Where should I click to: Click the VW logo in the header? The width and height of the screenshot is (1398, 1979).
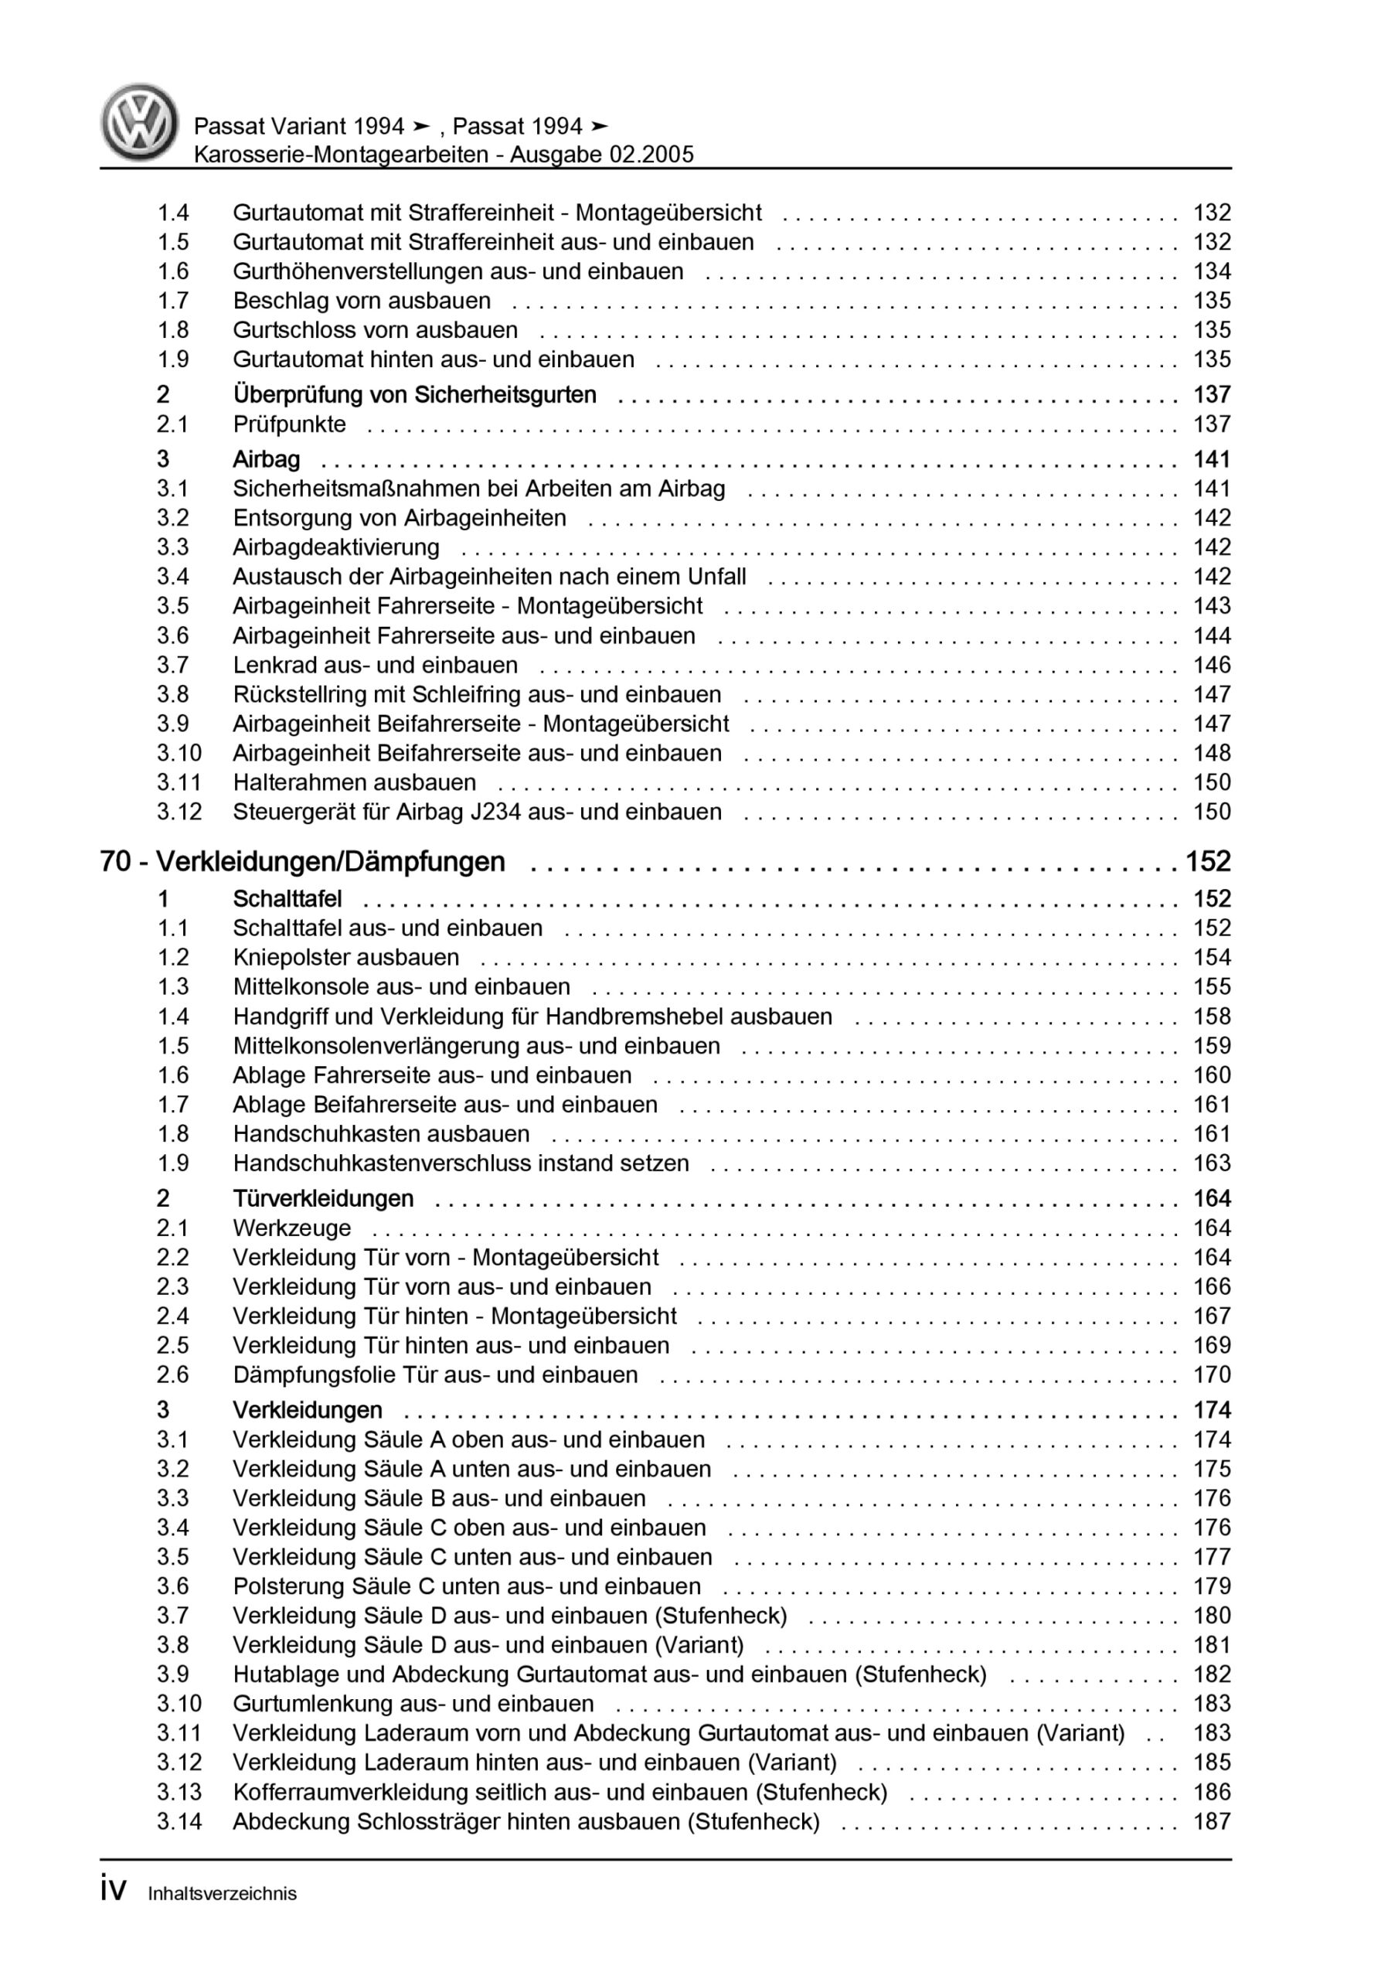(x=140, y=121)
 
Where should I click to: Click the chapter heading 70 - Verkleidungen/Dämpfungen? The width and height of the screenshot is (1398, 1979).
(x=302, y=862)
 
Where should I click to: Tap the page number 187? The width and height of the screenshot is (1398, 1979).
(x=1211, y=1821)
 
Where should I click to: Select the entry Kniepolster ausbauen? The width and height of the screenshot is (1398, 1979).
(x=345, y=958)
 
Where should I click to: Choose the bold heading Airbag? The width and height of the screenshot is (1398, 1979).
(x=267, y=459)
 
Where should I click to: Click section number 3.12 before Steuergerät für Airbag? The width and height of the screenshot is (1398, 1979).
(x=179, y=812)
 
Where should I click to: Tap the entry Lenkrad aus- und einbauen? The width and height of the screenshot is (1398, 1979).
(x=375, y=666)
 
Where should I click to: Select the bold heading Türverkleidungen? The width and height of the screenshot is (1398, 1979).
(x=323, y=1199)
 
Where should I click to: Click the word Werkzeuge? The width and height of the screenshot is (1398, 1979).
(x=292, y=1228)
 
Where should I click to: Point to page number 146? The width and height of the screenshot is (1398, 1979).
(x=1211, y=666)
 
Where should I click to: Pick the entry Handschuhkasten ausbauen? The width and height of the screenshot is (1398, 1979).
(x=381, y=1134)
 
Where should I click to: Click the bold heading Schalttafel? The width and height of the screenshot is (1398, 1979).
(x=287, y=899)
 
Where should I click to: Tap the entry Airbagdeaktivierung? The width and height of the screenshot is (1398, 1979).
(x=336, y=547)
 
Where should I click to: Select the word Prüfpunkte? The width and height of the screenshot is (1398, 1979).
(x=290, y=424)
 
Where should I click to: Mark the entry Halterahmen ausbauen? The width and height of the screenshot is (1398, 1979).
(x=354, y=782)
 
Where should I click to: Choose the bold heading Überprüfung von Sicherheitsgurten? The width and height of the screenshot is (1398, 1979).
(x=414, y=395)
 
